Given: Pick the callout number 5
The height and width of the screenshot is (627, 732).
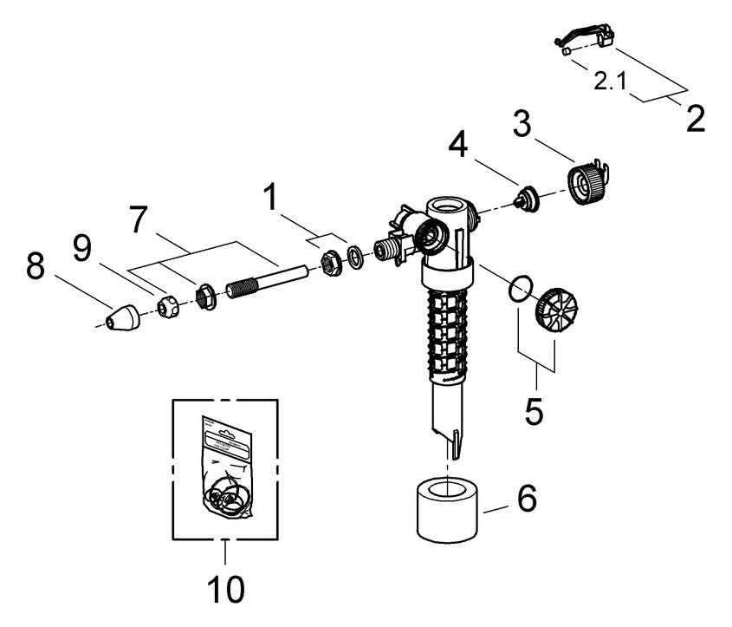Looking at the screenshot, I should [x=534, y=409].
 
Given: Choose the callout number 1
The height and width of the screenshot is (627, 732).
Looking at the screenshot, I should [x=272, y=199].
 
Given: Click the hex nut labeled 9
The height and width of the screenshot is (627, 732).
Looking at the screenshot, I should [x=169, y=304].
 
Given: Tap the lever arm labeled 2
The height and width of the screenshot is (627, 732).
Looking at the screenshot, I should [x=585, y=37].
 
